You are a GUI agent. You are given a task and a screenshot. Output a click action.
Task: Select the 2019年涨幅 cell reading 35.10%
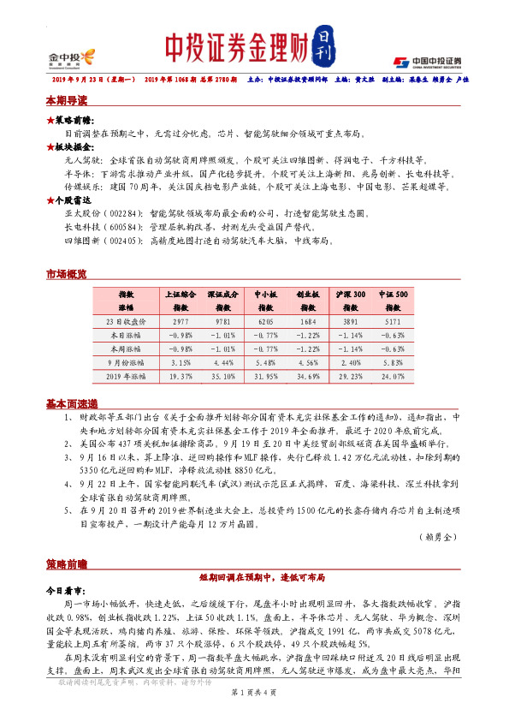(x=222, y=376)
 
